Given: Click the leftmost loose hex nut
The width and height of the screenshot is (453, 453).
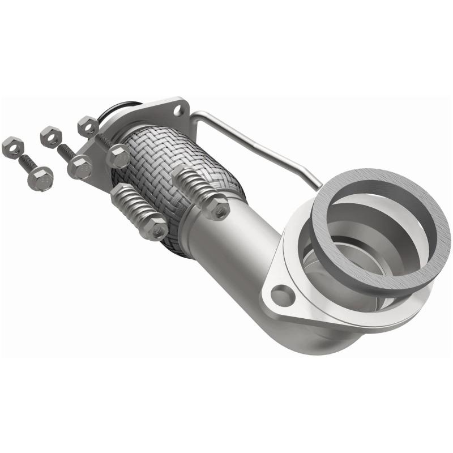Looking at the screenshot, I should click(x=12, y=147).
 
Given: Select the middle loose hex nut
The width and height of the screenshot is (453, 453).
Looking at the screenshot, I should click(x=50, y=136).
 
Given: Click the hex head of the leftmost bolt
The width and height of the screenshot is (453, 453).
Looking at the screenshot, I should click(x=40, y=178).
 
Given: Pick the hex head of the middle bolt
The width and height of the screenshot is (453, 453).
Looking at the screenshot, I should click(x=79, y=167).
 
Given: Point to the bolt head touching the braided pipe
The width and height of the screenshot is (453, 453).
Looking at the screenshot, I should click(x=118, y=156).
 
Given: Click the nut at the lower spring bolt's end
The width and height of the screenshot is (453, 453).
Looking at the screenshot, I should click(x=153, y=228).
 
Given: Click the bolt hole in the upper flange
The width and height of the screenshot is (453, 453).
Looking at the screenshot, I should click(x=179, y=109).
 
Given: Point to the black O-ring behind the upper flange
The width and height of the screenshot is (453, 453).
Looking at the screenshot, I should click(x=122, y=108).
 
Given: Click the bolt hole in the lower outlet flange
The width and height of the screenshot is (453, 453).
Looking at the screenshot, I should click(x=281, y=294).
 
